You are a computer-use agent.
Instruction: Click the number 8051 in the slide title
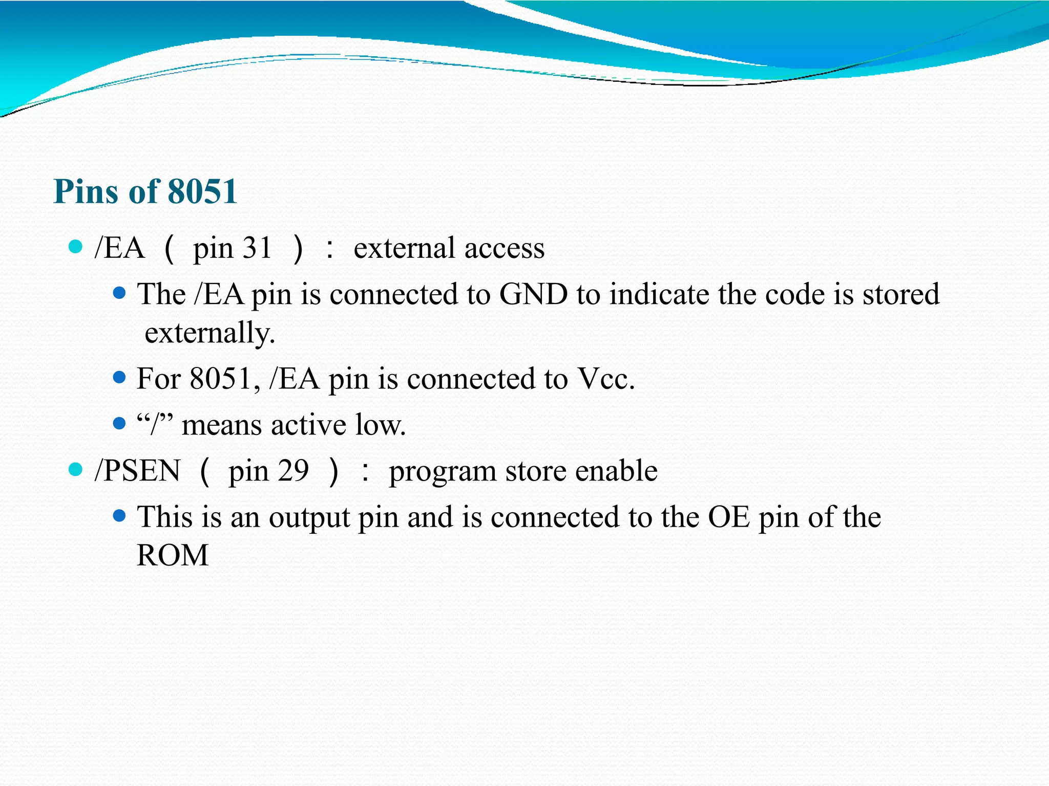[x=202, y=191]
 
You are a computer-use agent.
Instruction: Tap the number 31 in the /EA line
[x=257, y=248]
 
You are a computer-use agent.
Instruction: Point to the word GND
[x=533, y=294]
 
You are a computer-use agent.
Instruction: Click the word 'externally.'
[x=210, y=333]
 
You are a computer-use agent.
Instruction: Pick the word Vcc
[x=606, y=379]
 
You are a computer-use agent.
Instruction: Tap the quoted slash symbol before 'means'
[x=155, y=425]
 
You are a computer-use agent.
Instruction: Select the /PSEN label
[x=137, y=471]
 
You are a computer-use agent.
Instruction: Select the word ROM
[x=173, y=555]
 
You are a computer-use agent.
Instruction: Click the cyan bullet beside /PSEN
[x=75, y=469]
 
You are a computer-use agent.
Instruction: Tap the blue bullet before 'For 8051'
[x=119, y=378]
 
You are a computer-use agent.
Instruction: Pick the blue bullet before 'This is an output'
[x=119, y=515]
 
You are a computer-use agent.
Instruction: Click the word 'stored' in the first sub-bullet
[x=901, y=294]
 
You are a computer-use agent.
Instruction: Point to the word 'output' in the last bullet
[x=309, y=518]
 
